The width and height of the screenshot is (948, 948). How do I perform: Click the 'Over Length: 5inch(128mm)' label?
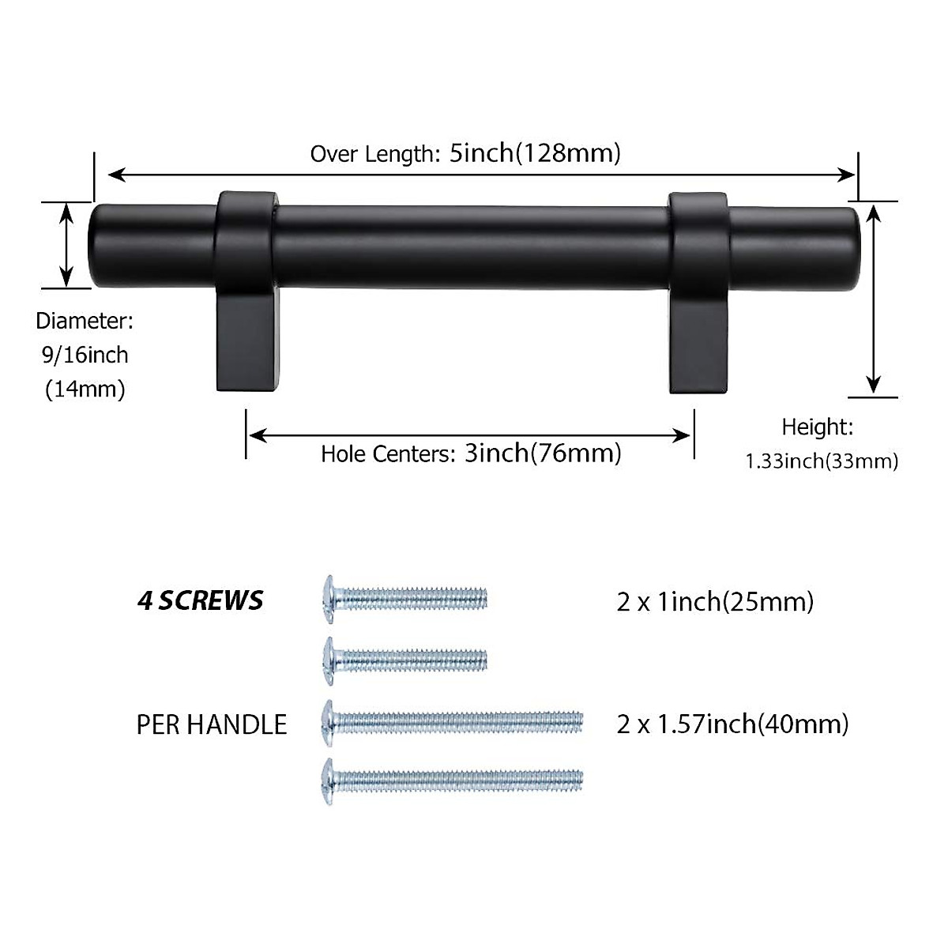point(465,152)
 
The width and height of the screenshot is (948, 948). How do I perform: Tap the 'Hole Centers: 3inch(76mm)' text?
point(471,453)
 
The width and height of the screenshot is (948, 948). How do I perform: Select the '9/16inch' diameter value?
point(85,355)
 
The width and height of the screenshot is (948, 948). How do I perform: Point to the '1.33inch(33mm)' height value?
point(822,461)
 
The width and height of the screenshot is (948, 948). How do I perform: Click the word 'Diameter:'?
point(85,321)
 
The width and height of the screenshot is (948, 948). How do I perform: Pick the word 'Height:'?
point(818,427)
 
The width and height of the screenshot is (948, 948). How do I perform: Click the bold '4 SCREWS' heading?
point(200,601)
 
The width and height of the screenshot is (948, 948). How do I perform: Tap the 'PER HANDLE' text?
point(212,724)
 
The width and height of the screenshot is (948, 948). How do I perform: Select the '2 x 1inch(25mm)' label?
point(715,602)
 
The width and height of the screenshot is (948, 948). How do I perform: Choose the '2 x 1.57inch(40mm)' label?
point(732,724)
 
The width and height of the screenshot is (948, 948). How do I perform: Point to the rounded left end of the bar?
point(99,246)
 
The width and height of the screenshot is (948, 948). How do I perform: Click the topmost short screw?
point(406,597)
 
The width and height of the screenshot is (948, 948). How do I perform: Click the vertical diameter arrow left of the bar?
point(66,244)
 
